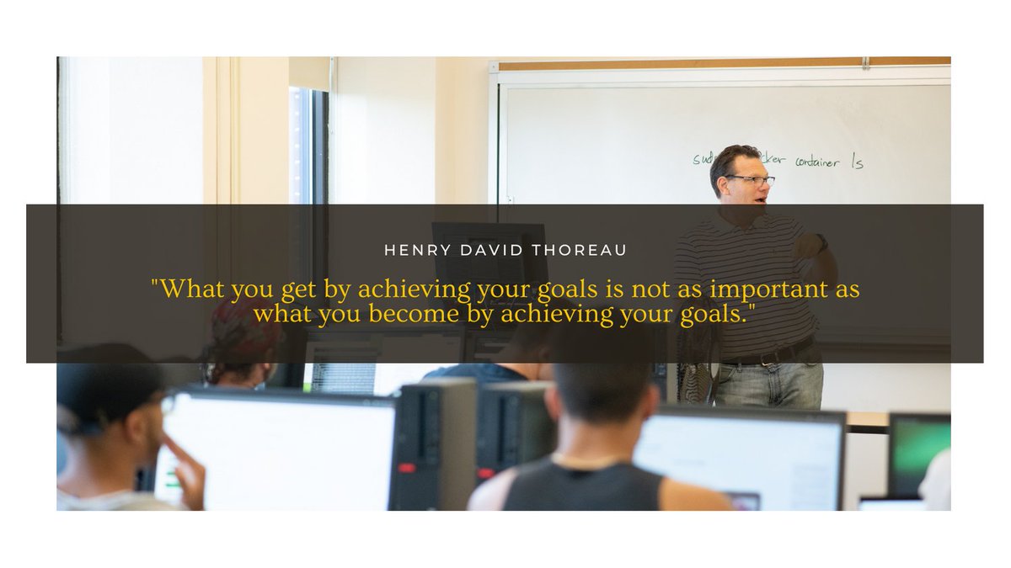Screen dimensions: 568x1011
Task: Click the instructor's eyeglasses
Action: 750,179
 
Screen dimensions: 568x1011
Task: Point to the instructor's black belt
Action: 771,353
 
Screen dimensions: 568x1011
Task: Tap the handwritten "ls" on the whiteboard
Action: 857,161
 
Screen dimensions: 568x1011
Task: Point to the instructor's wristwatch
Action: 821,242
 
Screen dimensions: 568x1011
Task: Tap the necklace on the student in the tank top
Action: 590,461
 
